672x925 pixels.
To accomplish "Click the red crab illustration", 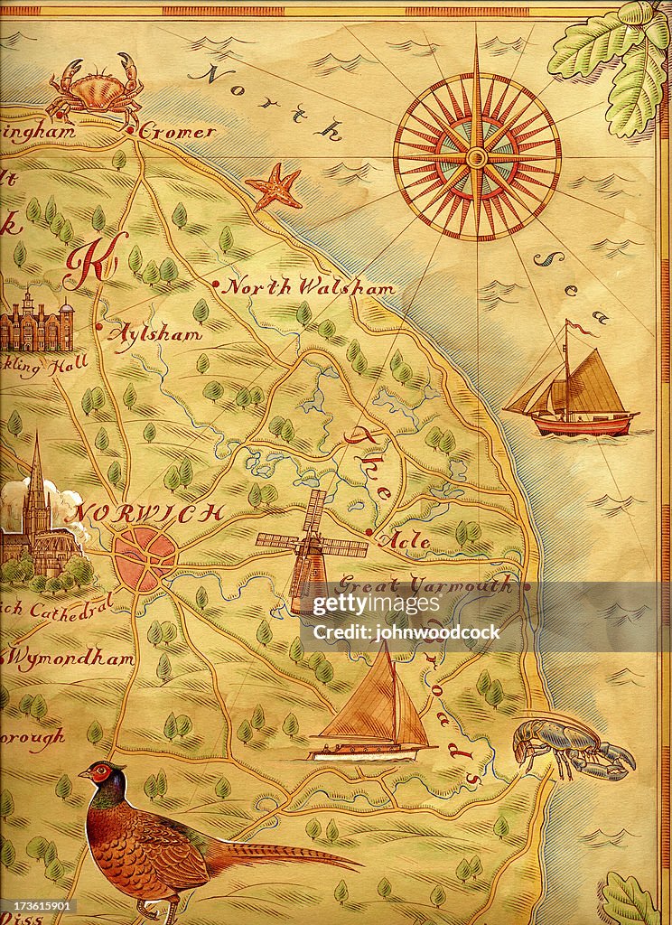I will point(96,89).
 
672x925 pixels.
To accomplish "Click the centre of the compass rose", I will point(476,157).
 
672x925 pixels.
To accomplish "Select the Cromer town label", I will point(177,132).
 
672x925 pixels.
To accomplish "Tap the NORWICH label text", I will point(148,513).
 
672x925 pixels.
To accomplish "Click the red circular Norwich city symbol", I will point(145,559).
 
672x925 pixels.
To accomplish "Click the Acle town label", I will point(407,540).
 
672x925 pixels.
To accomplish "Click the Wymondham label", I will point(72,659).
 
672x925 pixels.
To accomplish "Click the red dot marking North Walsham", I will point(216,285).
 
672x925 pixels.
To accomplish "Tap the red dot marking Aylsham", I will point(99,328).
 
